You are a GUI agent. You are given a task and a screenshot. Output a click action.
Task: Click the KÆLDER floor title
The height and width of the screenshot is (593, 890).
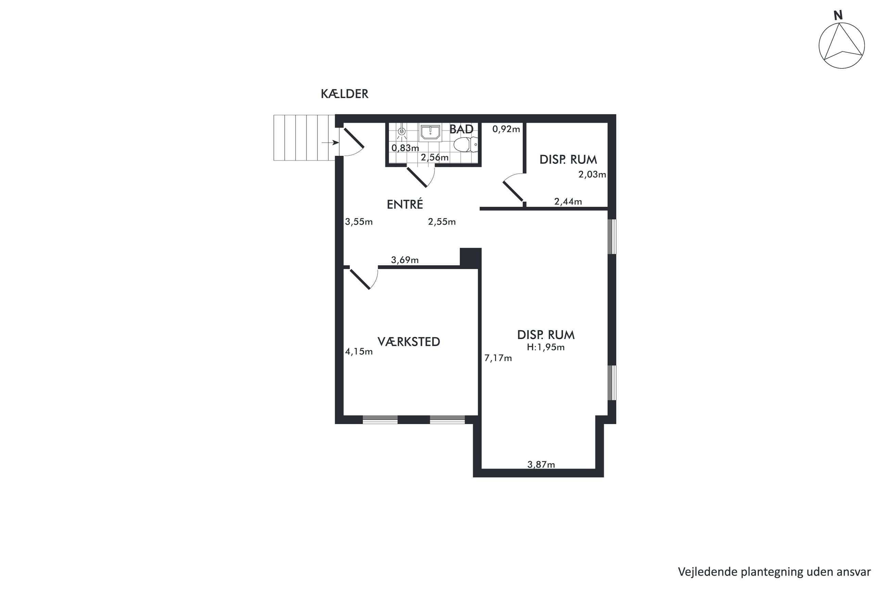(344, 94)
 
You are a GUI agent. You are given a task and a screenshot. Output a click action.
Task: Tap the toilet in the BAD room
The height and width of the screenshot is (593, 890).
(466, 144)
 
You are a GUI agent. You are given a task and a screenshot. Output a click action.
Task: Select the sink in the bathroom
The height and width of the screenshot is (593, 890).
(430, 132)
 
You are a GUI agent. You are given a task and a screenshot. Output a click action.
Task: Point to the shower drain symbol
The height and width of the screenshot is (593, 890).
(401, 132)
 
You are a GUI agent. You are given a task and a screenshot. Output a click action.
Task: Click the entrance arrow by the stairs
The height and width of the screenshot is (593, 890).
(330, 143)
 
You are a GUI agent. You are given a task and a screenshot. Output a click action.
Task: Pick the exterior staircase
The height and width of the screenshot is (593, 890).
(304, 138)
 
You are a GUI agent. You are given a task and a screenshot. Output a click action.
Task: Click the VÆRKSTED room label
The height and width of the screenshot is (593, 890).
(408, 342)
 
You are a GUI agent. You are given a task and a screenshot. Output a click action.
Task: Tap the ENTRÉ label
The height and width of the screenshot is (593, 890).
(405, 205)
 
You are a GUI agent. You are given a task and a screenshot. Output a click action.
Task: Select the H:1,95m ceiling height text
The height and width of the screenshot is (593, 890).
(545, 347)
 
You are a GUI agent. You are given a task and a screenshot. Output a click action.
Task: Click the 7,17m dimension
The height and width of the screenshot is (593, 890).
(498, 358)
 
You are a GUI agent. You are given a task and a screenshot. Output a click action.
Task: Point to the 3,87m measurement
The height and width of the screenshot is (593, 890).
(541, 464)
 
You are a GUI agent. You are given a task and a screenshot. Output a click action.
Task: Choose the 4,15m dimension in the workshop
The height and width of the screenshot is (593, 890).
(359, 352)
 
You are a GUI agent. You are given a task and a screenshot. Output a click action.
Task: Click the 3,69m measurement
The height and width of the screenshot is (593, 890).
(405, 260)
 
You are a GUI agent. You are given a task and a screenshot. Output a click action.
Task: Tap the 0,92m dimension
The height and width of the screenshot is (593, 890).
(506, 129)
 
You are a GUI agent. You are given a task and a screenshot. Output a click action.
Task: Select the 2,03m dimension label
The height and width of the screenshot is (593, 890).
(592, 175)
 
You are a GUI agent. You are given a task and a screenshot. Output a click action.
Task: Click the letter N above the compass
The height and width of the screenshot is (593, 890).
(838, 15)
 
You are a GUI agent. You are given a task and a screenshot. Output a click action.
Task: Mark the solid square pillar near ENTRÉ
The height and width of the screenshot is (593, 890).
(471, 258)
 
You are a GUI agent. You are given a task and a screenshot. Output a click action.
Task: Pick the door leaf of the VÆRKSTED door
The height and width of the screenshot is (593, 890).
(360, 280)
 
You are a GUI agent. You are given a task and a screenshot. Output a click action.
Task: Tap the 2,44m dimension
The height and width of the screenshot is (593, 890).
(568, 202)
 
